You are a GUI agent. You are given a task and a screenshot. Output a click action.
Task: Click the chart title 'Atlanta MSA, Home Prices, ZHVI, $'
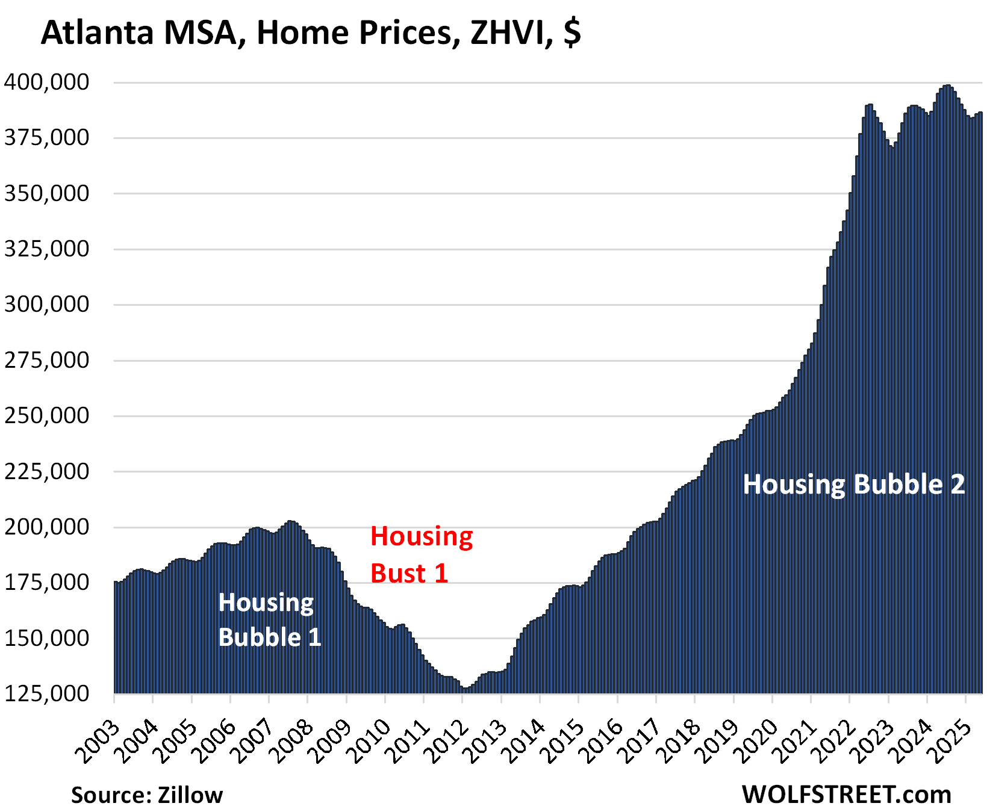point(310,33)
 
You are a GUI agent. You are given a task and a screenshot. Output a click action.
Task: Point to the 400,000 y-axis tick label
point(47,82)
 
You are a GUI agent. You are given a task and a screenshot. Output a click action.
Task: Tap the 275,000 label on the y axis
point(47,360)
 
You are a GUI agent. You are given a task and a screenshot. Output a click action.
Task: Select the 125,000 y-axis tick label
point(47,693)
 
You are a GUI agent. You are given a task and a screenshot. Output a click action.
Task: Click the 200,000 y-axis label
point(47,527)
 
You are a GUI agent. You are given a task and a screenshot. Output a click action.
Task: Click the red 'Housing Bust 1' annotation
point(421,554)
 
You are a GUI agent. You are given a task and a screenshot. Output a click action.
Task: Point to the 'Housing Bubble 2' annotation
point(853,485)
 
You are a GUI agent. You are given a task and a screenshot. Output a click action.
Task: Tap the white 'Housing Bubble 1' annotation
point(269,619)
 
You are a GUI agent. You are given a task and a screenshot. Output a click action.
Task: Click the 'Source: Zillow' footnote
point(147,795)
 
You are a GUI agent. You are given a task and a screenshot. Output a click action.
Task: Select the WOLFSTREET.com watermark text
point(846,795)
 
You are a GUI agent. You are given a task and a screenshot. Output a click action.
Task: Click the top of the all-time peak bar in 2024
point(947,85)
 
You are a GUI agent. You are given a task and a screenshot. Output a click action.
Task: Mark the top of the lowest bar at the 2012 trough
point(465,688)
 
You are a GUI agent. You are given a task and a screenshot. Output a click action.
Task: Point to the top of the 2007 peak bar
point(290,521)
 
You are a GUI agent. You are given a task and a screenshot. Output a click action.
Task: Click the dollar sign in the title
point(573,33)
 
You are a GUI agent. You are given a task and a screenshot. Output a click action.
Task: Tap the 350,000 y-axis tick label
point(47,193)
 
